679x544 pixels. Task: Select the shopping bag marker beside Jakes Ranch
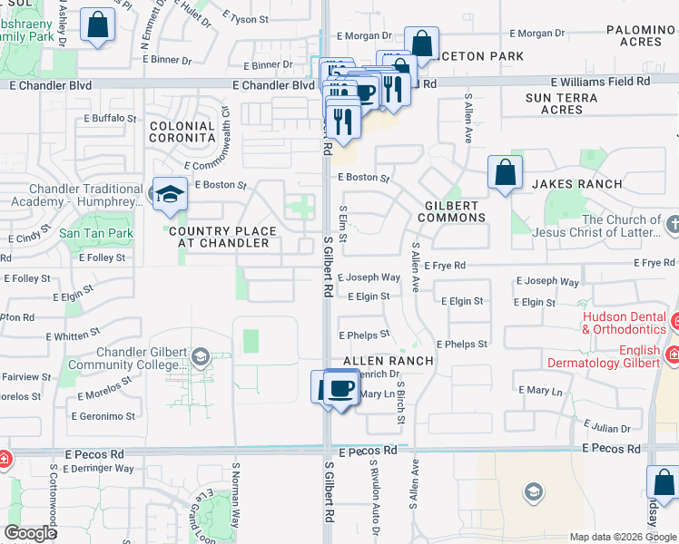tap(505, 172)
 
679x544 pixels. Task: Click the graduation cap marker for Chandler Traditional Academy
tap(169, 194)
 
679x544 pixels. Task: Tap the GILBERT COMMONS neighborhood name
tap(452, 211)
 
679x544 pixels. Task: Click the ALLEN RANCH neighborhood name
tap(388, 361)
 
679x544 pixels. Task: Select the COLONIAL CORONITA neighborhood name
tap(182, 132)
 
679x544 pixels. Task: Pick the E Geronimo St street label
tap(105, 417)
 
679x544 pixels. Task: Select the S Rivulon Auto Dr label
tap(372, 499)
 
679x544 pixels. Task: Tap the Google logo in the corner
tap(29, 533)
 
